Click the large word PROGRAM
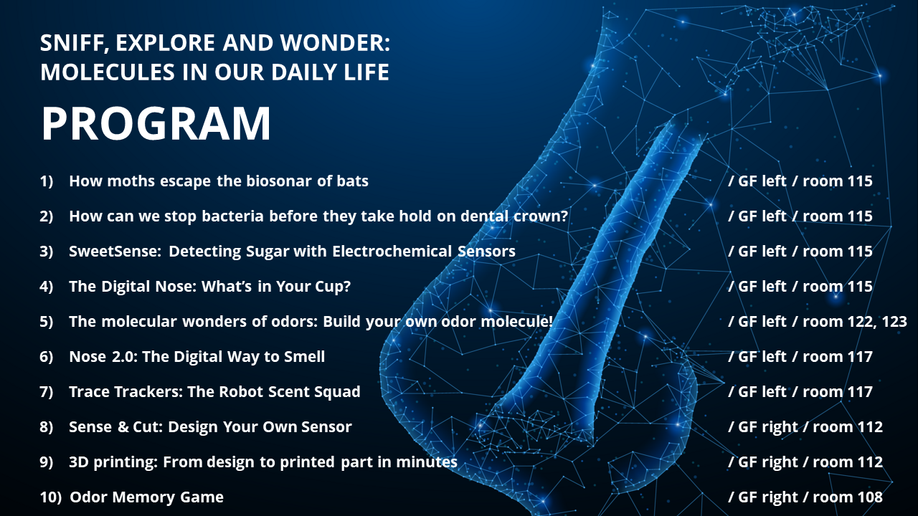(156, 124)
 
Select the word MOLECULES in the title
(108, 72)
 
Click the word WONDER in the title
(335, 42)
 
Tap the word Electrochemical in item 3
(392, 251)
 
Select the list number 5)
(47, 322)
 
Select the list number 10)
(50, 497)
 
